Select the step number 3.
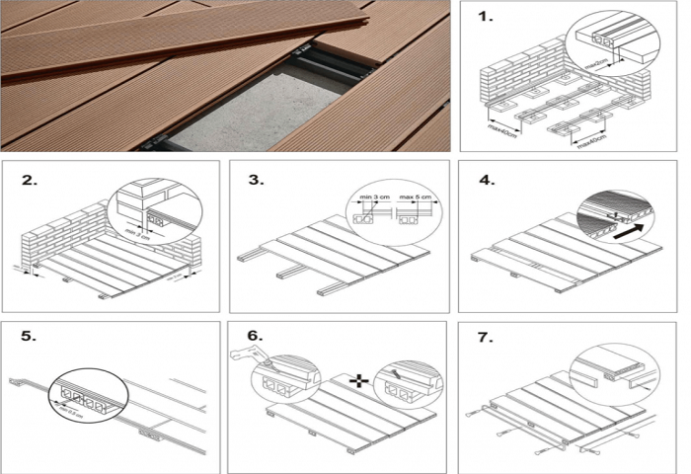pyautogui.click(x=257, y=181)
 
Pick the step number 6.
pyautogui.click(x=257, y=337)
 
